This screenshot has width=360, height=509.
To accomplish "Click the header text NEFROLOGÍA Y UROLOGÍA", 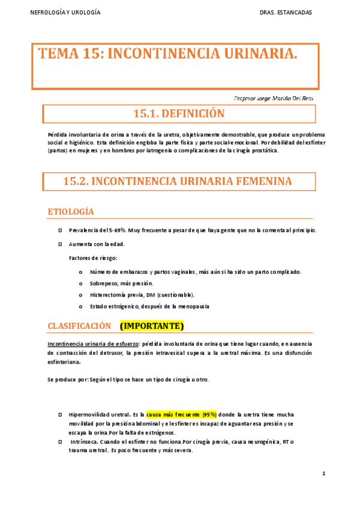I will [x=65, y=13].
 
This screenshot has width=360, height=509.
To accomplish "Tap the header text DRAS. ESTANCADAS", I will [x=286, y=13].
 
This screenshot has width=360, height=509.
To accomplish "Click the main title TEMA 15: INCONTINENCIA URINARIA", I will [x=168, y=55].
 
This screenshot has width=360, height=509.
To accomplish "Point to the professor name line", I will [x=273, y=98].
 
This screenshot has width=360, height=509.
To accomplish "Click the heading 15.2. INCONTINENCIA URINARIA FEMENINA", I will [x=178, y=181].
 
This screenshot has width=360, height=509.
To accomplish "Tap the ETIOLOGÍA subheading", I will [x=71, y=212].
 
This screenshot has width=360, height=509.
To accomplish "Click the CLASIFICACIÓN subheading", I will [x=79, y=325].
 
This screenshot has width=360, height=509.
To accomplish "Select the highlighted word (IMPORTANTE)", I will [x=151, y=325].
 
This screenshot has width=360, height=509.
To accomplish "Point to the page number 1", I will [x=323, y=474].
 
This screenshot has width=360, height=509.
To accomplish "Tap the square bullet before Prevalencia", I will [x=61, y=230].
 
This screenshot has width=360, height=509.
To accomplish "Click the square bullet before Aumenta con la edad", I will [x=61, y=244].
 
